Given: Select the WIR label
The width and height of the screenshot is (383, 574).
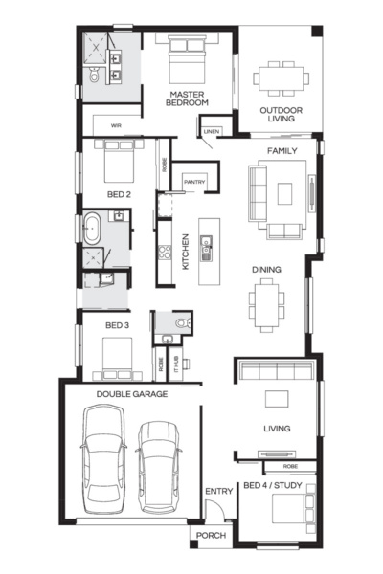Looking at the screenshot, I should point(116,124).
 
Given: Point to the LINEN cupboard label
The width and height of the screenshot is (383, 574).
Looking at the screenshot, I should point(212,131).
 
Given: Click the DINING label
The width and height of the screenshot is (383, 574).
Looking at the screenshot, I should point(266,270).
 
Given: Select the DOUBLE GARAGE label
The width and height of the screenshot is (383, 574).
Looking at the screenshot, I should point(131,393).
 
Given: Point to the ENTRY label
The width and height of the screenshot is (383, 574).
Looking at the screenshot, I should point(218,492).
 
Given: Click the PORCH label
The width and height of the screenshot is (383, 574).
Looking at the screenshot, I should point(211,536).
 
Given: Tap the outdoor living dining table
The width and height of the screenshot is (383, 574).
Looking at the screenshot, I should point(281,77).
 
